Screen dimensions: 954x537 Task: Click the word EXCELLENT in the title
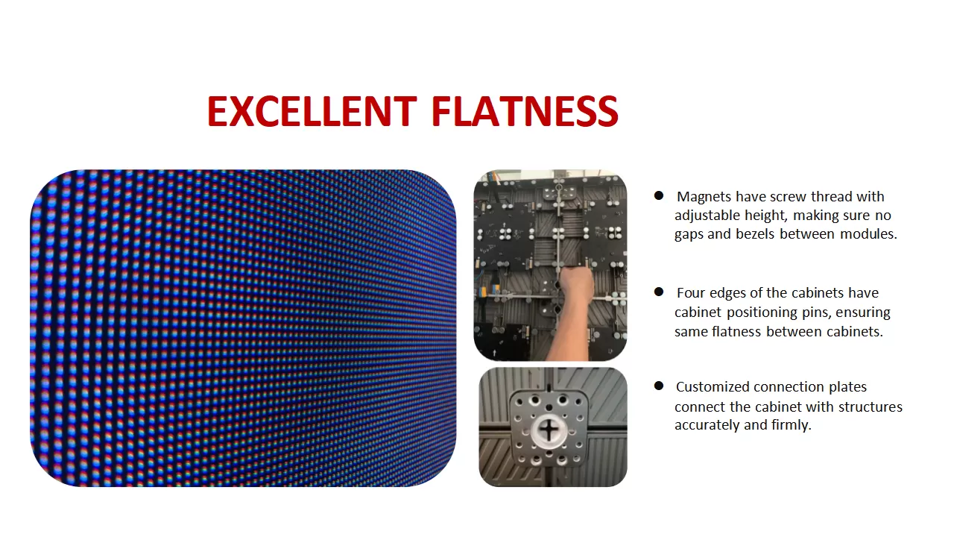pos(312,112)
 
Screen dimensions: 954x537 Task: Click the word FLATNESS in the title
pos(525,112)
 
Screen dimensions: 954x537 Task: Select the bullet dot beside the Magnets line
pos(659,195)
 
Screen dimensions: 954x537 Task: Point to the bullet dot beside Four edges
pos(659,292)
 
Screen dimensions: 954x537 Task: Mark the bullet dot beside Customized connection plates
pos(659,386)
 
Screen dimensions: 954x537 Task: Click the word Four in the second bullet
pos(690,293)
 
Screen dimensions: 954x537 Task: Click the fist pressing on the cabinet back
pos(576,285)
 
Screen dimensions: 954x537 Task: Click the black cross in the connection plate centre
pos(549,430)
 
